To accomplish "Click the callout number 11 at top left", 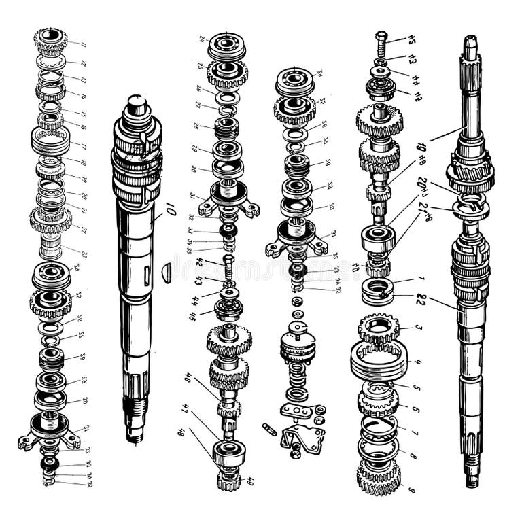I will (x=84, y=45).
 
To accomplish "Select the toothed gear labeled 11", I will (x=51, y=40).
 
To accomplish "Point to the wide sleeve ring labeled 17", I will (x=50, y=141).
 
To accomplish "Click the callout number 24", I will (x=201, y=39).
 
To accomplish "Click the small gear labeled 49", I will (x=228, y=481).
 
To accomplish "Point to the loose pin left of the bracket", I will (x=269, y=430).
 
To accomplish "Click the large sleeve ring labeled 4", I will (x=379, y=360).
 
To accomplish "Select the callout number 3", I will (x=418, y=328).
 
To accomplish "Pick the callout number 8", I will (x=412, y=456).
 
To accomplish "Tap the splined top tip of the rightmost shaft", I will (x=470, y=45).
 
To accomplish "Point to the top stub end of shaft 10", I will (x=137, y=104).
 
